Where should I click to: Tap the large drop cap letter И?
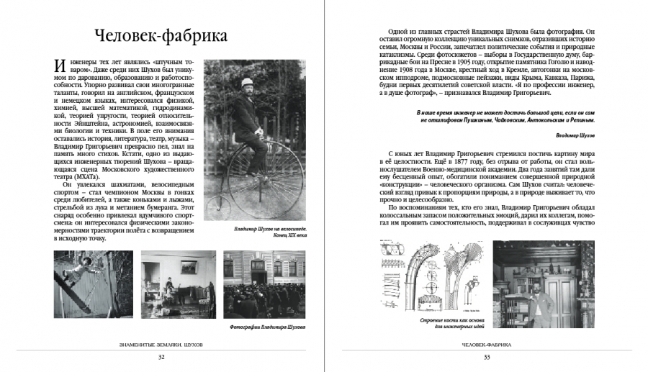(x=61, y=68)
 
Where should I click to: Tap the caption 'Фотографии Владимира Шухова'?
(x=269, y=326)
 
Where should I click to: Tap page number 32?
(x=161, y=358)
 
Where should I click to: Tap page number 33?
(x=487, y=358)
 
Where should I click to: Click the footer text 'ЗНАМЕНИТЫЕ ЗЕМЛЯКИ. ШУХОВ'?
(x=161, y=345)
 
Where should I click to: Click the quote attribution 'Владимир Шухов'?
(x=575, y=135)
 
